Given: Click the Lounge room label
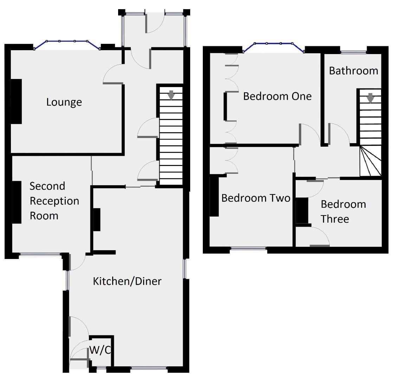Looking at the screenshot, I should (64, 102).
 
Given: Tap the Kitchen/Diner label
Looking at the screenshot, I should (127, 281).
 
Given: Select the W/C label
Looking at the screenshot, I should (101, 350).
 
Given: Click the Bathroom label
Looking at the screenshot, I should (353, 71).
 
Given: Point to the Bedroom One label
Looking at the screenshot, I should (277, 96).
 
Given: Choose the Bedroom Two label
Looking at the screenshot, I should (256, 198).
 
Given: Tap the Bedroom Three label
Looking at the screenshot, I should (343, 211).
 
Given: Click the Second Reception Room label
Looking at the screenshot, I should (54, 201).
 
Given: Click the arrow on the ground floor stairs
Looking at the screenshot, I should (171, 95).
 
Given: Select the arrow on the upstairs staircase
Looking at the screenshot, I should (370, 98).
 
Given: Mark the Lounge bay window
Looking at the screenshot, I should (67, 42).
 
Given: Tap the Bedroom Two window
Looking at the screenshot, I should (249, 249).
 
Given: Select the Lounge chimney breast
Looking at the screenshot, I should (16, 101).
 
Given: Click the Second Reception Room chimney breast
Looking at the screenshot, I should (17, 202).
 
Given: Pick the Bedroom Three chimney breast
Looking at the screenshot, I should (302, 211).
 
